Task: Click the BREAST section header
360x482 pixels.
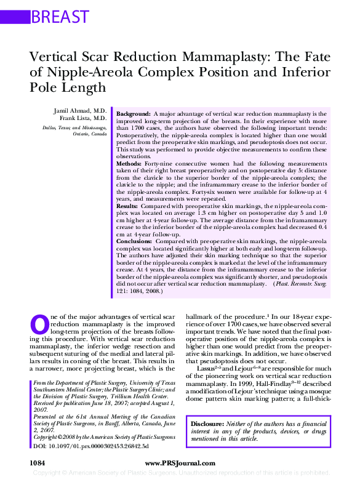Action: pyautogui.click(x=60, y=17)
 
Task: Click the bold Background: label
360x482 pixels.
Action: pyautogui.click(x=134, y=114)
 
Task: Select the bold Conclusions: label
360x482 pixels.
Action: pyautogui.click(x=135, y=241)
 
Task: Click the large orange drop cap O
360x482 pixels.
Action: pyautogui.click(x=39, y=324)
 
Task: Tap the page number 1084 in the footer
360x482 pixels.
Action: pyautogui.click(x=38, y=462)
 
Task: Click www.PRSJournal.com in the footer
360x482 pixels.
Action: pyautogui.click(x=180, y=462)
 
